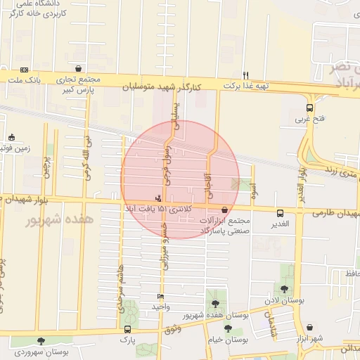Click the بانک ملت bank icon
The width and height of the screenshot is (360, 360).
25,70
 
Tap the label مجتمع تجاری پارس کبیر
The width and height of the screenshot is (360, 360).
76,85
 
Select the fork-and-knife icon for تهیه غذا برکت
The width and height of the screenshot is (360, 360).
245,75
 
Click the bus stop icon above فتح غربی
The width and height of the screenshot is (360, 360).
310,108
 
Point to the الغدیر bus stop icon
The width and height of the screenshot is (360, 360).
281,213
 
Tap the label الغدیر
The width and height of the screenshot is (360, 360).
281,224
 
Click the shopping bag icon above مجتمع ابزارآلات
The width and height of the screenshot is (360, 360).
224,210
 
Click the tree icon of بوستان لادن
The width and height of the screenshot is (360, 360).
284,289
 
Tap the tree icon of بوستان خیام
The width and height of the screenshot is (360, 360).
227,328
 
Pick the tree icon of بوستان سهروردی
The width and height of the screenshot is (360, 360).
41,341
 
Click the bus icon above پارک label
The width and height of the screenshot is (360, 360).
127,328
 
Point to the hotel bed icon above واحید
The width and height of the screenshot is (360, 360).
161,297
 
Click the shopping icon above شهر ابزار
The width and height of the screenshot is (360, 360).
310,328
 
